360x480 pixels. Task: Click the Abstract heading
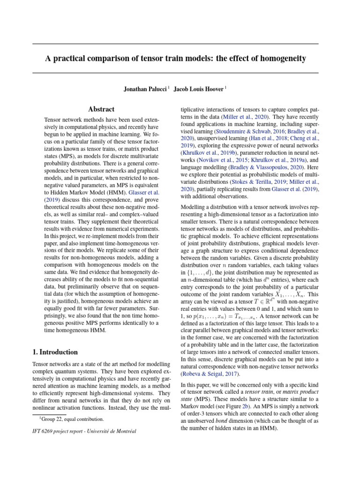(x=102, y=109)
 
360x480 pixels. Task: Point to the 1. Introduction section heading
(x=55, y=352)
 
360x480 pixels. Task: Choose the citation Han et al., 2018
(x=262, y=139)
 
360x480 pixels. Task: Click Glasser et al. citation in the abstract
(x=143, y=206)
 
